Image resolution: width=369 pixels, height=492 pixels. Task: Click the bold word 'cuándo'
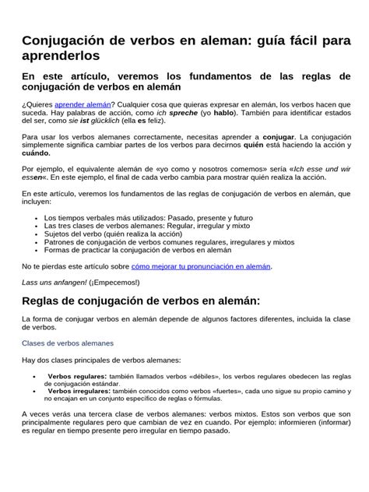click(36, 153)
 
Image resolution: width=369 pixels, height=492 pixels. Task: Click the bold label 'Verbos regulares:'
click(78, 375)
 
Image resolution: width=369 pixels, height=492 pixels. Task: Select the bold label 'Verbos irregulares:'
click(80, 392)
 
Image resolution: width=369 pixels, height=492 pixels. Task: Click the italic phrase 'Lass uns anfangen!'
click(53, 281)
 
